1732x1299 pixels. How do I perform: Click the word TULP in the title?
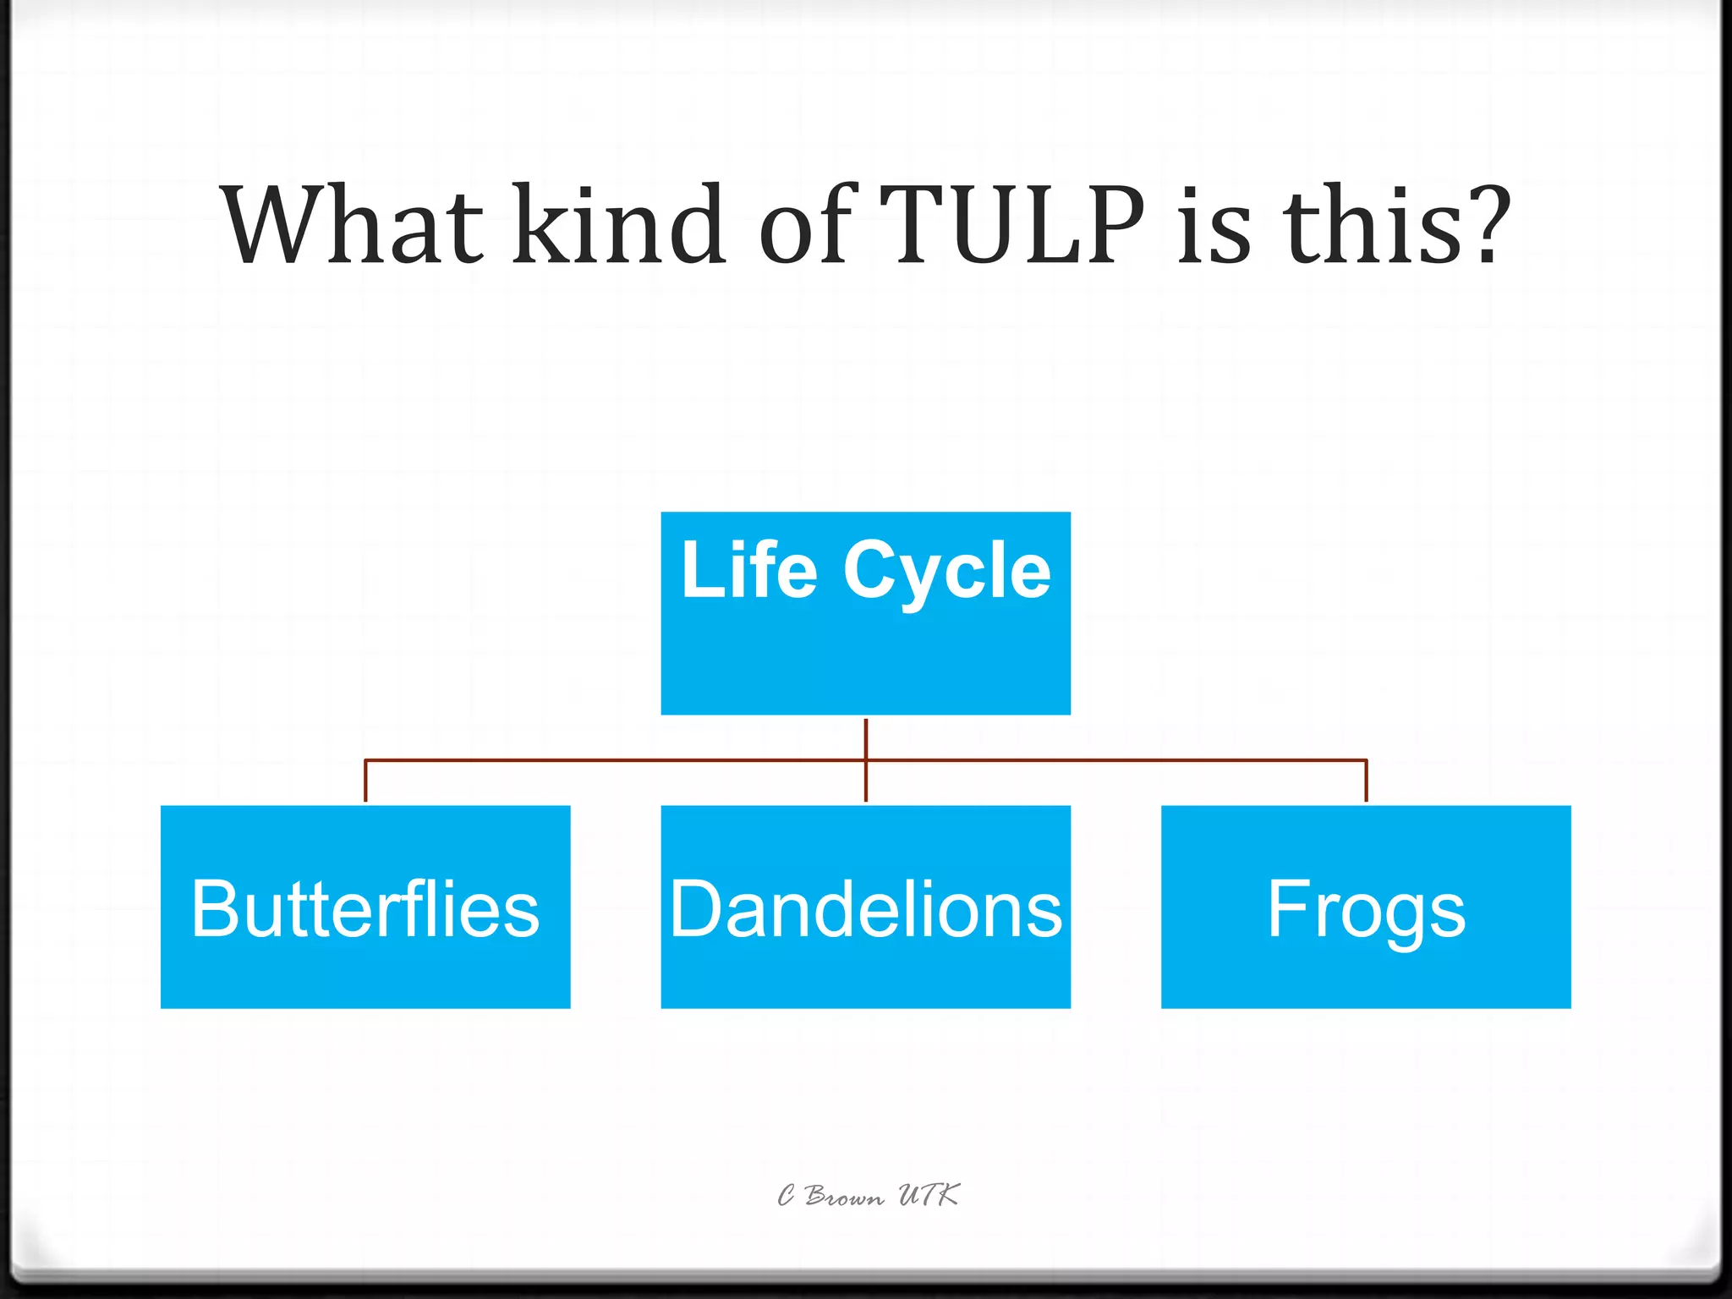pyautogui.click(x=1011, y=226)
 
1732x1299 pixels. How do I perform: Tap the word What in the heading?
pyautogui.click(x=351, y=226)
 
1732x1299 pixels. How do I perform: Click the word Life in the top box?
pyautogui.click(x=749, y=571)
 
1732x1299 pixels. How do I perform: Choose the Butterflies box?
pyautogui.click(x=365, y=907)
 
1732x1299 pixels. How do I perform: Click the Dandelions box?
pyautogui.click(x=865, y=907)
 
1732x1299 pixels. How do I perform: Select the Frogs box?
pyautogui.click(x=1366, y=907)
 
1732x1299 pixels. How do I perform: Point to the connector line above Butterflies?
pyautogui.click(x=365, y=781)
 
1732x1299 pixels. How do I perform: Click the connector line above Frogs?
pyautogui.click(x=1366, y=781)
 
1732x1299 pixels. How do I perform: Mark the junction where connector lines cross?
pyautogui.click(x=865, y=760)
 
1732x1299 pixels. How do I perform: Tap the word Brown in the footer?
pyautogui.click(x=844, y=1196)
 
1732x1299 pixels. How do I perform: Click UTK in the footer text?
pyautogui.click(x=928, y=1194)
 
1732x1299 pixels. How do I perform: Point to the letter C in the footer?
pyautogui.click(x=787, y=1195)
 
